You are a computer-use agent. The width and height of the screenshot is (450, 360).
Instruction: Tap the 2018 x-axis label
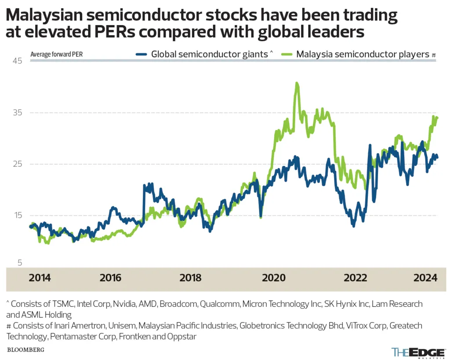tap(191, 278)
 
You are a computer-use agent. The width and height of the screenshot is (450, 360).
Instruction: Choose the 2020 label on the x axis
tap(272, 278)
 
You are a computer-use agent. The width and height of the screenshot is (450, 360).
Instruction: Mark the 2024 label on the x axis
tap(425, 278)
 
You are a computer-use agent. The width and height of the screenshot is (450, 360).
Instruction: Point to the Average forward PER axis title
tap(57, 55)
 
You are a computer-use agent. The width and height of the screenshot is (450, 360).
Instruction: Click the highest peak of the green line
tap(297, 83)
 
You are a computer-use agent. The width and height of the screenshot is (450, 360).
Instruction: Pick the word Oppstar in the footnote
tap(183, 337)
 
